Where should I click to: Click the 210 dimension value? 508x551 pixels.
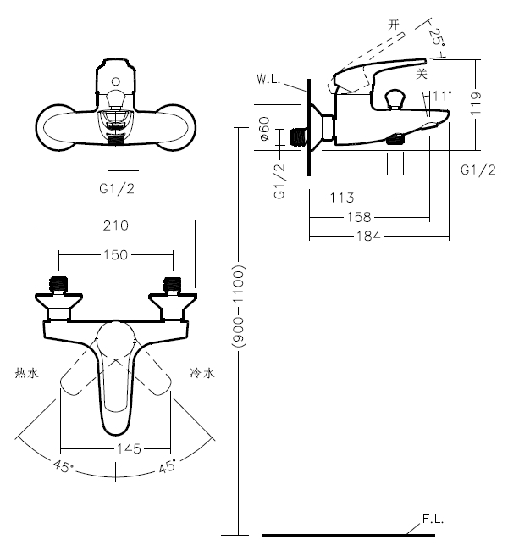tap(116, 225)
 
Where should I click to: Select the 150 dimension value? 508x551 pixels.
tap(116, 255)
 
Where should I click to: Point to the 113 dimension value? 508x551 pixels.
tap(341, 198)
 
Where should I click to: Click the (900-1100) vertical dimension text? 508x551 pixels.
tap(239, 306)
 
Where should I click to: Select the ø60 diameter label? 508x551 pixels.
tap(264, 130)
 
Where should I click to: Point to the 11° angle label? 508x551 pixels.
tap(442, 96)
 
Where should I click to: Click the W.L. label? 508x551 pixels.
tap(268, 81)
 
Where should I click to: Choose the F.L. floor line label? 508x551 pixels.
tap(433, 519)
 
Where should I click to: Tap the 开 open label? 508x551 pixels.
tap(393, 25)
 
